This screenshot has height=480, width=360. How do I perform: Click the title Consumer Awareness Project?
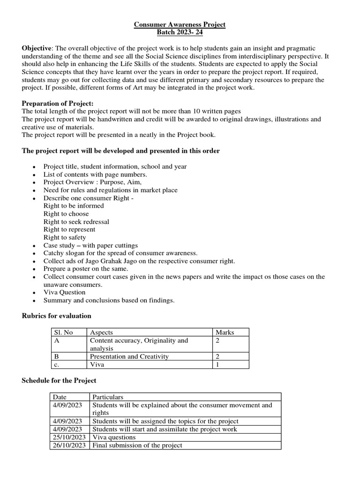(180, 24)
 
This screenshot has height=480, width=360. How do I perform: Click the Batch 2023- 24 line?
(180, 32)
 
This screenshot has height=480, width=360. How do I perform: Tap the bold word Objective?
(37, 49)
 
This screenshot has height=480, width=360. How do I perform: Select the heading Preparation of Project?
(58, 103)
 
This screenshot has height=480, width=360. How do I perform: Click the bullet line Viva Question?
(64, 292)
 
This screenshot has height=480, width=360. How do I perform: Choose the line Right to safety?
(65, 237)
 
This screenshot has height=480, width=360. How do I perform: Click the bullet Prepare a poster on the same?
(85, 269)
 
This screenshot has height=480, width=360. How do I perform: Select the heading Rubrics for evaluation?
(56, 316)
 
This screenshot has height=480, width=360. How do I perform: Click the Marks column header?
(225, 332)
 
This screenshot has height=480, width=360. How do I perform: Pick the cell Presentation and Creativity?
(128, 356)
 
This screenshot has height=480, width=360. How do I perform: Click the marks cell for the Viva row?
(217, 364)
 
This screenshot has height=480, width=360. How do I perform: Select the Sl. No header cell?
(64, 332)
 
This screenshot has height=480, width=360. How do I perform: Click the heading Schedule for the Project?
(59, 380)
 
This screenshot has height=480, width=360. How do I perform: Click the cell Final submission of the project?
(137, 445)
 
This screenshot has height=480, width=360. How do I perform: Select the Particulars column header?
(108, 397)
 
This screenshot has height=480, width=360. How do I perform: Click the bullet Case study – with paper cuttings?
(90, 245)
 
